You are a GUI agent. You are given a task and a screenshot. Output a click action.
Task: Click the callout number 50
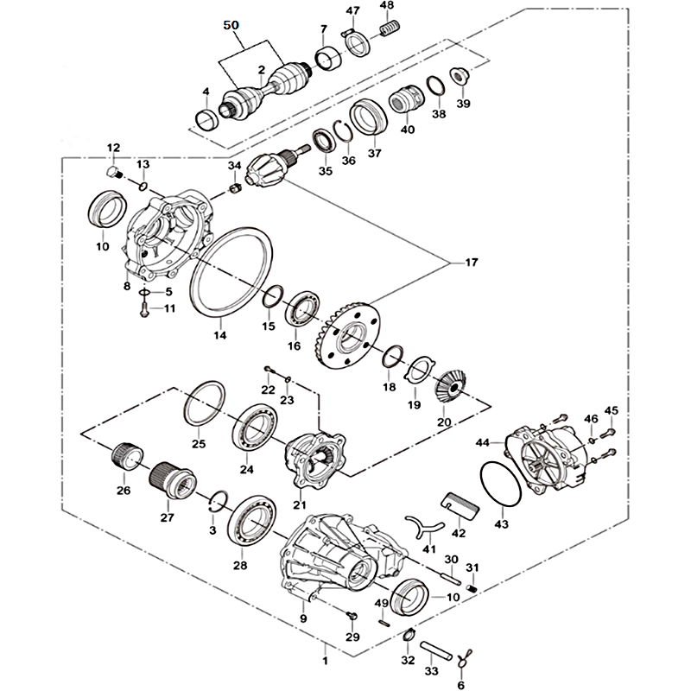231,25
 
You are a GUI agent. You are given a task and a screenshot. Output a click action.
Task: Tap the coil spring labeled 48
390,29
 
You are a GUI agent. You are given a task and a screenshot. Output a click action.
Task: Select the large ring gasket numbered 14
231,272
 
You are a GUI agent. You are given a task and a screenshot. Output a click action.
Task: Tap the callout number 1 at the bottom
326,661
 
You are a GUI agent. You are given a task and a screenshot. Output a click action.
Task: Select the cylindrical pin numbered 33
436,650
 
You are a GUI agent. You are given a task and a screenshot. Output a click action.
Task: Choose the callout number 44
483,442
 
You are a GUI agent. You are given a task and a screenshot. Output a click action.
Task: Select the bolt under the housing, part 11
144,309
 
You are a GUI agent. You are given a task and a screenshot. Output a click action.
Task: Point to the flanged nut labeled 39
460,76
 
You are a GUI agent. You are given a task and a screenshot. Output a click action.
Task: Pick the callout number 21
300,504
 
